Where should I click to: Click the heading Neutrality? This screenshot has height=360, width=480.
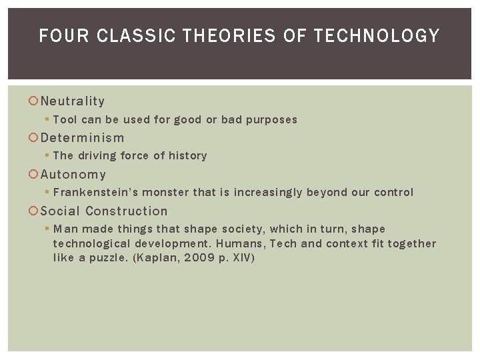tap(73, 101)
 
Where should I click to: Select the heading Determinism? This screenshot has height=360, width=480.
tap(82, 138)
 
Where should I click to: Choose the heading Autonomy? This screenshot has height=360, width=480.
tap(73, 175)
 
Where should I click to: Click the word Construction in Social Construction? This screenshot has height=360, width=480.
tap(127, 211)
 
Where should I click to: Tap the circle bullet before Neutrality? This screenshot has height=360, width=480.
tap(34, 101)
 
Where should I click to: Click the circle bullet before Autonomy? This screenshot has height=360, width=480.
tap(34, 175)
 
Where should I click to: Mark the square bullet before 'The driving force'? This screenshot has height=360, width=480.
tap(47, 156)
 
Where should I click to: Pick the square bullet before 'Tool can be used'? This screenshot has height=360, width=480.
tap(47, 120)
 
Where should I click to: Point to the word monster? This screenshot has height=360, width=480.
tap(165, 193)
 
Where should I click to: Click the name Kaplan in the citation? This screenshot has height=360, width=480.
tap(155, 258)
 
